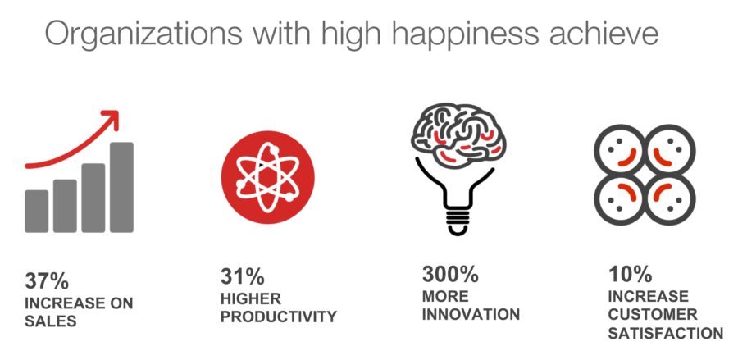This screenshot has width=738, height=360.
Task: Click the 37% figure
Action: pyautogui.click(x=47, y=281)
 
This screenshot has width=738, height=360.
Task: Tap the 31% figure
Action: pyautogui.click(x=243, y=276)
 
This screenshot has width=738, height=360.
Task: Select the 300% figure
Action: pyautogui.click(x=450, y=275)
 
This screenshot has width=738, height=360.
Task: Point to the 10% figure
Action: pyautogui.click(x=631, y=274)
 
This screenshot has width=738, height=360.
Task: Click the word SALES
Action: pyautogui.click(x=50, y=321)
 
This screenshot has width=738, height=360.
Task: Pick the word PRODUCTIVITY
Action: pyautogui.click(x=279, y=317)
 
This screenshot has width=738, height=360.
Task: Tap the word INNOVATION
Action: pyautogui.click(x=471, y=314)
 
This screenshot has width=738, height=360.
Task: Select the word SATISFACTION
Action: pyautogui.click(x=666, y=333)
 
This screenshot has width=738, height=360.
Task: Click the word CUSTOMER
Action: pyautogui.click(x=653, y=314)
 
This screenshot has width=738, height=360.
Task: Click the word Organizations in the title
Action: pyautogui.click(x=143, y=34)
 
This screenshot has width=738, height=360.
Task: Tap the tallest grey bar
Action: pyautogui.click(x=121, y=187)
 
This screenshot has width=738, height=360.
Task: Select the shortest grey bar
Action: pyautogui.click(x=37, y=212)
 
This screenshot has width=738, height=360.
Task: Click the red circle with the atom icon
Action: pyautogui.click(x=268, y=177)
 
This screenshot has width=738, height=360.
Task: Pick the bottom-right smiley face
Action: pyautogui.click(x=670, y=198)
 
